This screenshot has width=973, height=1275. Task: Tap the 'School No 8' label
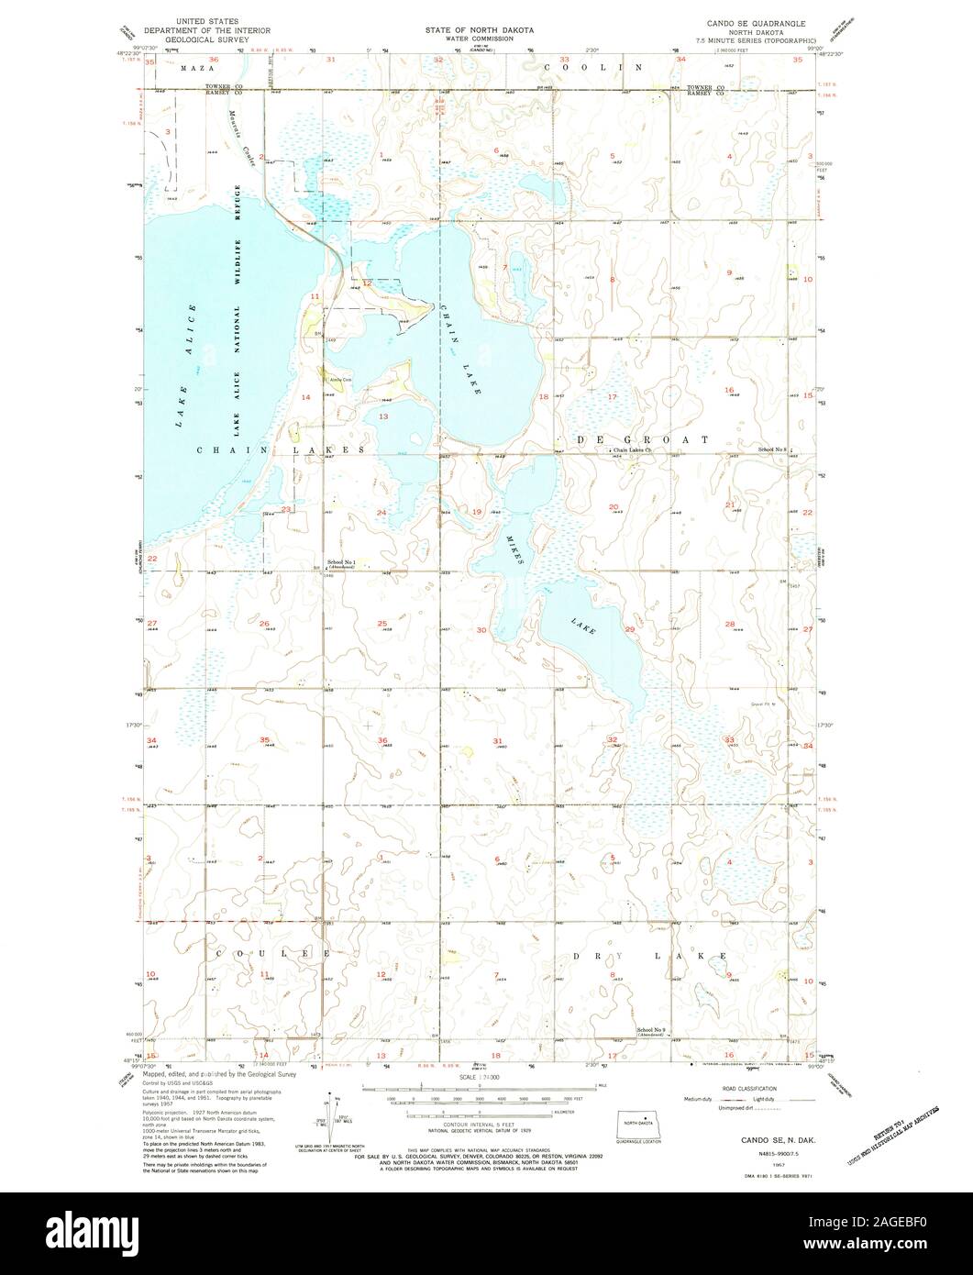772,449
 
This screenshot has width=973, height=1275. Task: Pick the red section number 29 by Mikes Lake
629,630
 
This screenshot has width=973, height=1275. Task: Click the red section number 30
481,630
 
